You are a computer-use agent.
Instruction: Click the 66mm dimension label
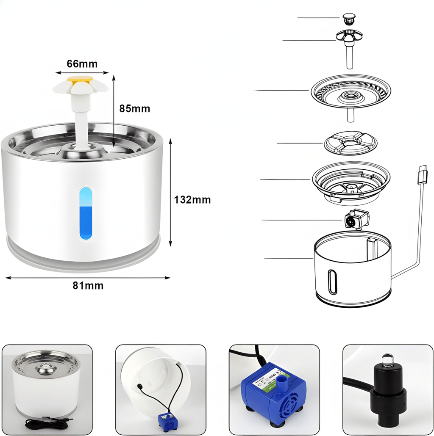click(82, 64)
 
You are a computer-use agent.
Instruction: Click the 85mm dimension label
click(134, 108)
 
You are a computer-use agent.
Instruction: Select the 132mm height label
click(192, 199)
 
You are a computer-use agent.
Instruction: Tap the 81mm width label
click(88, 285)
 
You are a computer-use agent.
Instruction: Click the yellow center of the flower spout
click(80, 79)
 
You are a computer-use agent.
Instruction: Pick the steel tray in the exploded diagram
click(351, 93)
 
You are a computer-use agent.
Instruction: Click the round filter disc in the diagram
click(351, 143)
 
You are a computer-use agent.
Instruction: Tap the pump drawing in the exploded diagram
click(356, 219)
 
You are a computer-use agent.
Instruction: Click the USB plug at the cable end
click(423, 175)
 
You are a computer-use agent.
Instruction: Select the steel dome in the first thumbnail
click(46, 369)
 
